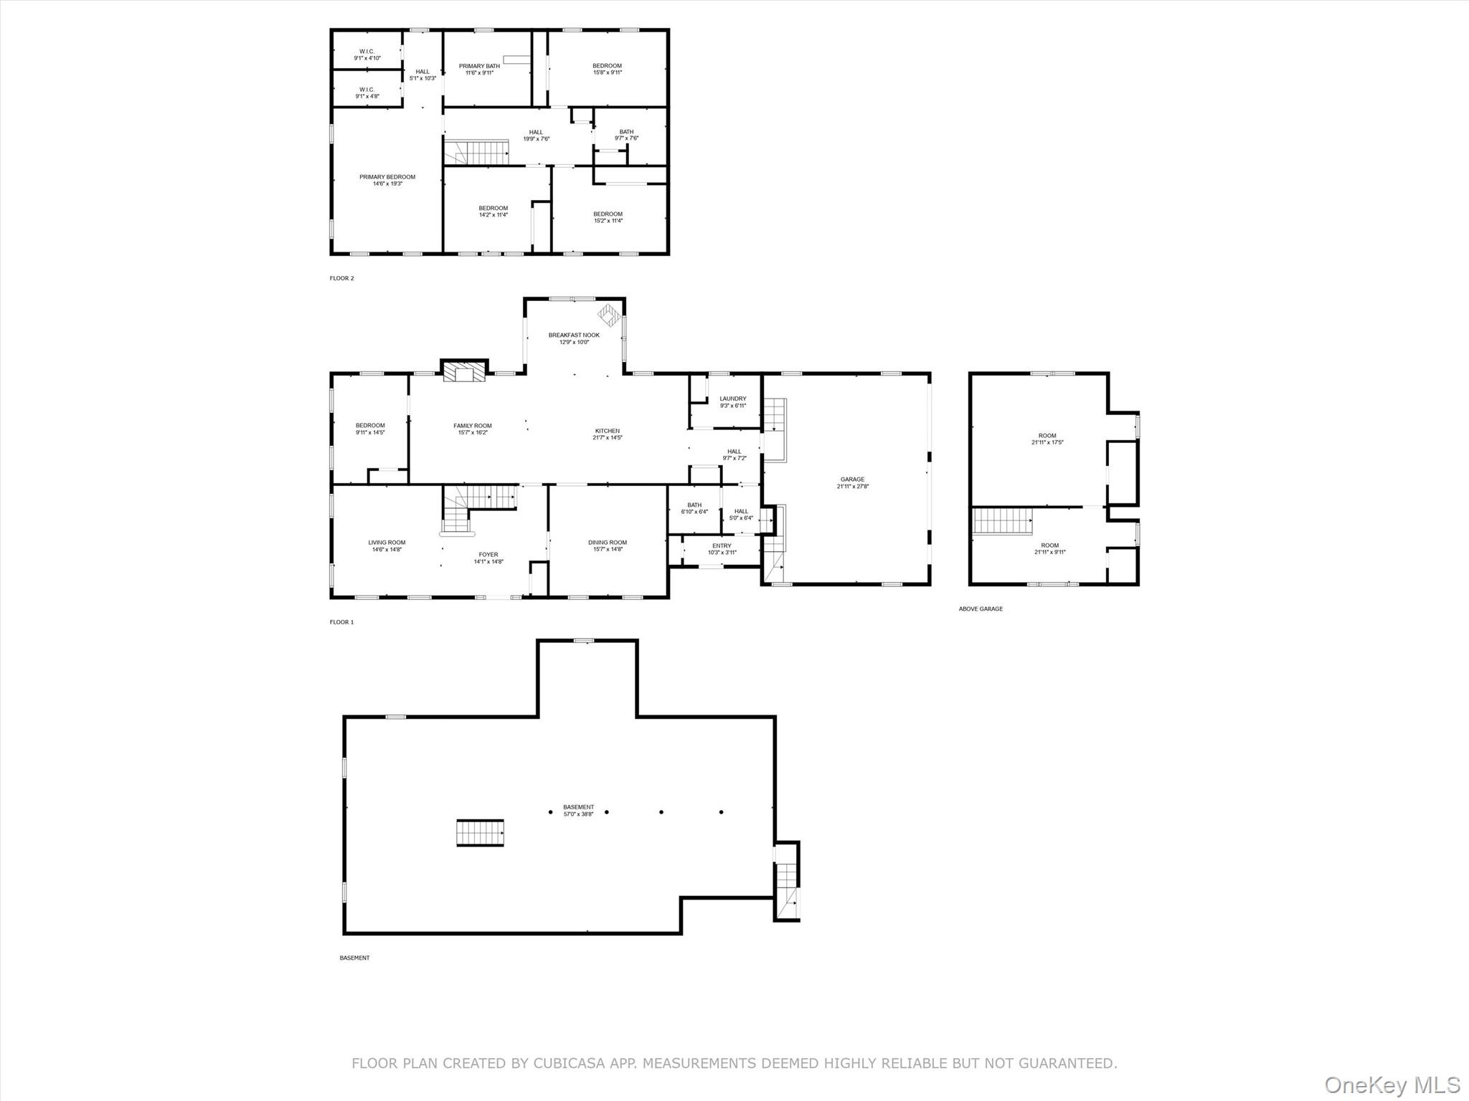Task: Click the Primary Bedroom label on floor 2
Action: point(387,177)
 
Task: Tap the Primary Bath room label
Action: point(479,66)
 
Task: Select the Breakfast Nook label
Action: point(574,335)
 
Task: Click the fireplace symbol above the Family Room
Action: point(463,372)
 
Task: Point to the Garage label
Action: point(852,480)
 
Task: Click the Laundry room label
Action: point(732,399)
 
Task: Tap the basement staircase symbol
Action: point(480,833)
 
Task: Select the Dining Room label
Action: point(608,543)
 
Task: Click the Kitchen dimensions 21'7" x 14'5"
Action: point(608,438)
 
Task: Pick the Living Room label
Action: point(387,543)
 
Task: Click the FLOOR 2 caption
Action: point(341,278)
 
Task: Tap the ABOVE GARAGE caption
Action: point(981,609)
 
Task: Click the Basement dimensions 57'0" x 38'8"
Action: point(578,814)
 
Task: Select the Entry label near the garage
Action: point(722,545)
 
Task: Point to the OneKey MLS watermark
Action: point(1392,1085)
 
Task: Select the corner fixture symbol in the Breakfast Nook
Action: point(609,313)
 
